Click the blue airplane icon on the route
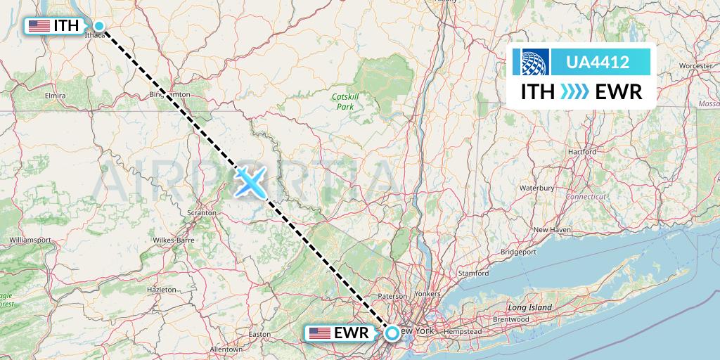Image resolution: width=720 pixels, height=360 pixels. pos(250,182)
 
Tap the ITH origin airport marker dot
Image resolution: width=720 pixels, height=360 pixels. pos(99,27)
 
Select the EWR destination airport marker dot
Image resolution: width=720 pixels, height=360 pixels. pos(392,333)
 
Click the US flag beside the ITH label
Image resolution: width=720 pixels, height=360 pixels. pos(39,27)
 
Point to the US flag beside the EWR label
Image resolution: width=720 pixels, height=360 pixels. pos(320,333)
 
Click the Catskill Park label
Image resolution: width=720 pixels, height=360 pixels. pos(345,101)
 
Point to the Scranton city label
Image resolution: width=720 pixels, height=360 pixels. pos(200,212)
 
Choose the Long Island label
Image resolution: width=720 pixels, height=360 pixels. pos(530,307)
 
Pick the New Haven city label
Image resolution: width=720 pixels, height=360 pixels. pos(551,230)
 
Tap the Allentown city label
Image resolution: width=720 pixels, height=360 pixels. pos(226,349)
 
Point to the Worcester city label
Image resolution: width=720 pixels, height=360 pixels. pos(695,65)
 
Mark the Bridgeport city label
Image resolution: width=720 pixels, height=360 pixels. pos(518,251)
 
